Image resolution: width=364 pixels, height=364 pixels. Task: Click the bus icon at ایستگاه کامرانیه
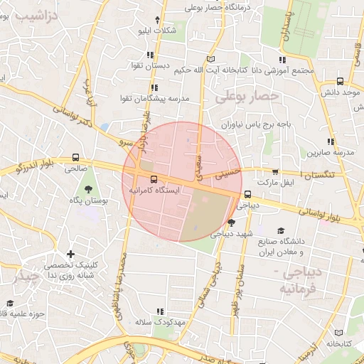coord(154,179)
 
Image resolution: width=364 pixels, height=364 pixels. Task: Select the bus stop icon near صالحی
coord(75,158)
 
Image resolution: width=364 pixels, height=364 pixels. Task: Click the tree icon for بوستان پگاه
coord(88,190)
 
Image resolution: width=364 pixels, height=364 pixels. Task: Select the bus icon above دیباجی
coord(247,194)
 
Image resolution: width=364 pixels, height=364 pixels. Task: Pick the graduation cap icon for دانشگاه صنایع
coord(281,230)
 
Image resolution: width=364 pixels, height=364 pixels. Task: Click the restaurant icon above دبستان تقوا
coord(149,54)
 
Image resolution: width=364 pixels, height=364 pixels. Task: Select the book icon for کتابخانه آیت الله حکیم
coord(209,58)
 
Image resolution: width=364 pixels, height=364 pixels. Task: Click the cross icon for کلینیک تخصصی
coord(70,254)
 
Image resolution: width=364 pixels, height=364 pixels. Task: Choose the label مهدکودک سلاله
coord(163,323)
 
